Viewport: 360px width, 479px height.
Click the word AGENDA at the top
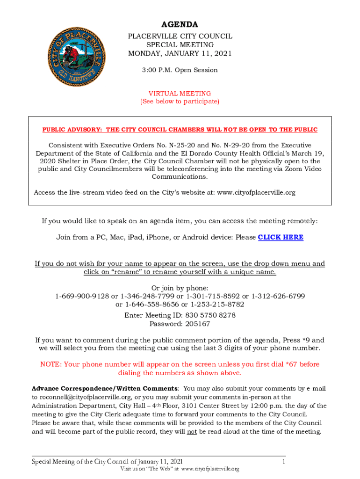click(180, 25)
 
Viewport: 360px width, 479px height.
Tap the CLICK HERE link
click(281, 237)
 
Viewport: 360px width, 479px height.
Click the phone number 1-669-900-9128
click(82, 296)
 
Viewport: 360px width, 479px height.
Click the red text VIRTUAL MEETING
click(180, 94)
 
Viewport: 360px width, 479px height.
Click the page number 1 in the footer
click(284, 462)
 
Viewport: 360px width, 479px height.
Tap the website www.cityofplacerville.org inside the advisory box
click(255, 192)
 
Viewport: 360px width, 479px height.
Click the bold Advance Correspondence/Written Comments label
click(104, 389)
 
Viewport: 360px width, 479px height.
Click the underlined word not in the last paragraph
click(192, 431)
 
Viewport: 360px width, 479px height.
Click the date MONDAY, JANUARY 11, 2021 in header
click(180, 53)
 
